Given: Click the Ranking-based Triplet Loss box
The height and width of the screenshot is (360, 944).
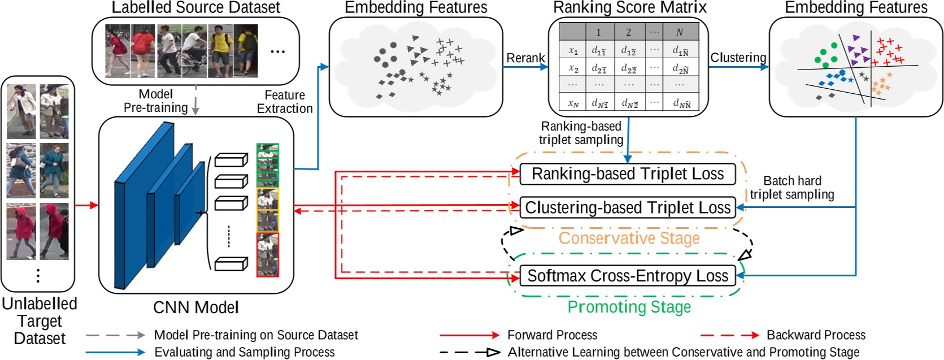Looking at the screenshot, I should (x=627, y=174).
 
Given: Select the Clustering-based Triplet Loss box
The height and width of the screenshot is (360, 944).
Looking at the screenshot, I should (x=627, y=207).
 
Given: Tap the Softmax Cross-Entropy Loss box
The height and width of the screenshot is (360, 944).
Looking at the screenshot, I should (x=627, y=276).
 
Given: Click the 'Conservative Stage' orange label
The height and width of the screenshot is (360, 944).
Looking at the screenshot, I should (x=629, y=238).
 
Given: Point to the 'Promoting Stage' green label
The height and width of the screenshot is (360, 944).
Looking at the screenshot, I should (x=629, y=307).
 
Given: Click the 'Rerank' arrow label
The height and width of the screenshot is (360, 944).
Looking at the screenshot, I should (x=525, y=58).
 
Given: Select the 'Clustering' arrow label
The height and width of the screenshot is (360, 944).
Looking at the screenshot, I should (x=738, y=58).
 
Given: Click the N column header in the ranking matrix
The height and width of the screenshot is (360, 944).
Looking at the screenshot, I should (x=680, y=32).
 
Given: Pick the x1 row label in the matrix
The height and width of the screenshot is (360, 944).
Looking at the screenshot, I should (x=573, y=51).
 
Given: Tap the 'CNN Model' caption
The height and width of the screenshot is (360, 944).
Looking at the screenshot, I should (x=195, y=307).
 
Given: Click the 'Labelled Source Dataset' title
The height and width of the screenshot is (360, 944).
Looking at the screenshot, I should (x=195, y=7).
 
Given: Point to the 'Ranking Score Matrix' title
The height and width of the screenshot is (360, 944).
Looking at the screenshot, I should (x=629, y=7).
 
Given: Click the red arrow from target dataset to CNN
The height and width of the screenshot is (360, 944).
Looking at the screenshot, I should (x=86, y=205).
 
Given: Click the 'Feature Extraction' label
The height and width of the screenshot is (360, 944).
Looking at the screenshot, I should (x=284, y=102).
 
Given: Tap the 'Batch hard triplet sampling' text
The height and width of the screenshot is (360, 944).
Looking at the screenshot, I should (x=792, y=188).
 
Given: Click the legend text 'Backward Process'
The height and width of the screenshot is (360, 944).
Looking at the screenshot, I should (x=816, y=335).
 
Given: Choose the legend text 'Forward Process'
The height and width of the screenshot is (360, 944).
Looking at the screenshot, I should (x=552, y=335).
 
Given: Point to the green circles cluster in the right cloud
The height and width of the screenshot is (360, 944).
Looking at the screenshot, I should (x=826, y=54).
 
